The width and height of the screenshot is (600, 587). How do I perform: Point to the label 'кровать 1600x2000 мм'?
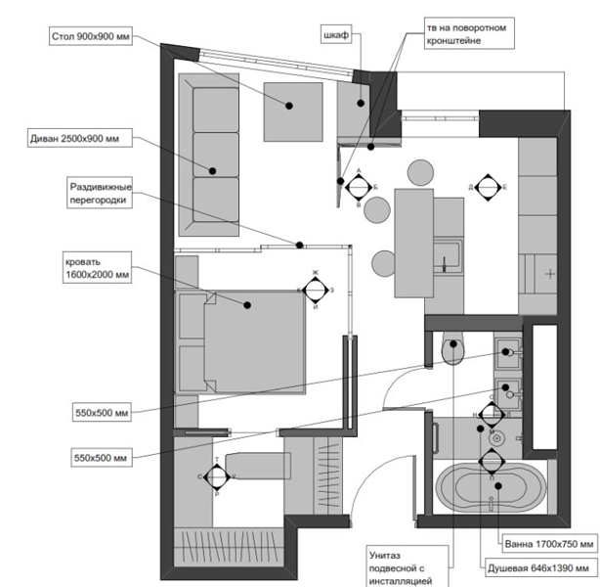(x=96, y=268)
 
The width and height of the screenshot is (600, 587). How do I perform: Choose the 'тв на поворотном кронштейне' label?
(x=466, y=34)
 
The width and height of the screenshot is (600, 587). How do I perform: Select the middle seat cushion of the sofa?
(x=216, y=152)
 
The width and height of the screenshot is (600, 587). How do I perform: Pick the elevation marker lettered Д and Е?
(x=487, y=186)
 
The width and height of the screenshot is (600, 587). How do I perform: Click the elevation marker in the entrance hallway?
(x=217, y=476)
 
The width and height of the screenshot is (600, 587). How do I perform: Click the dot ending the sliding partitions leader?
(x=301, y=245)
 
